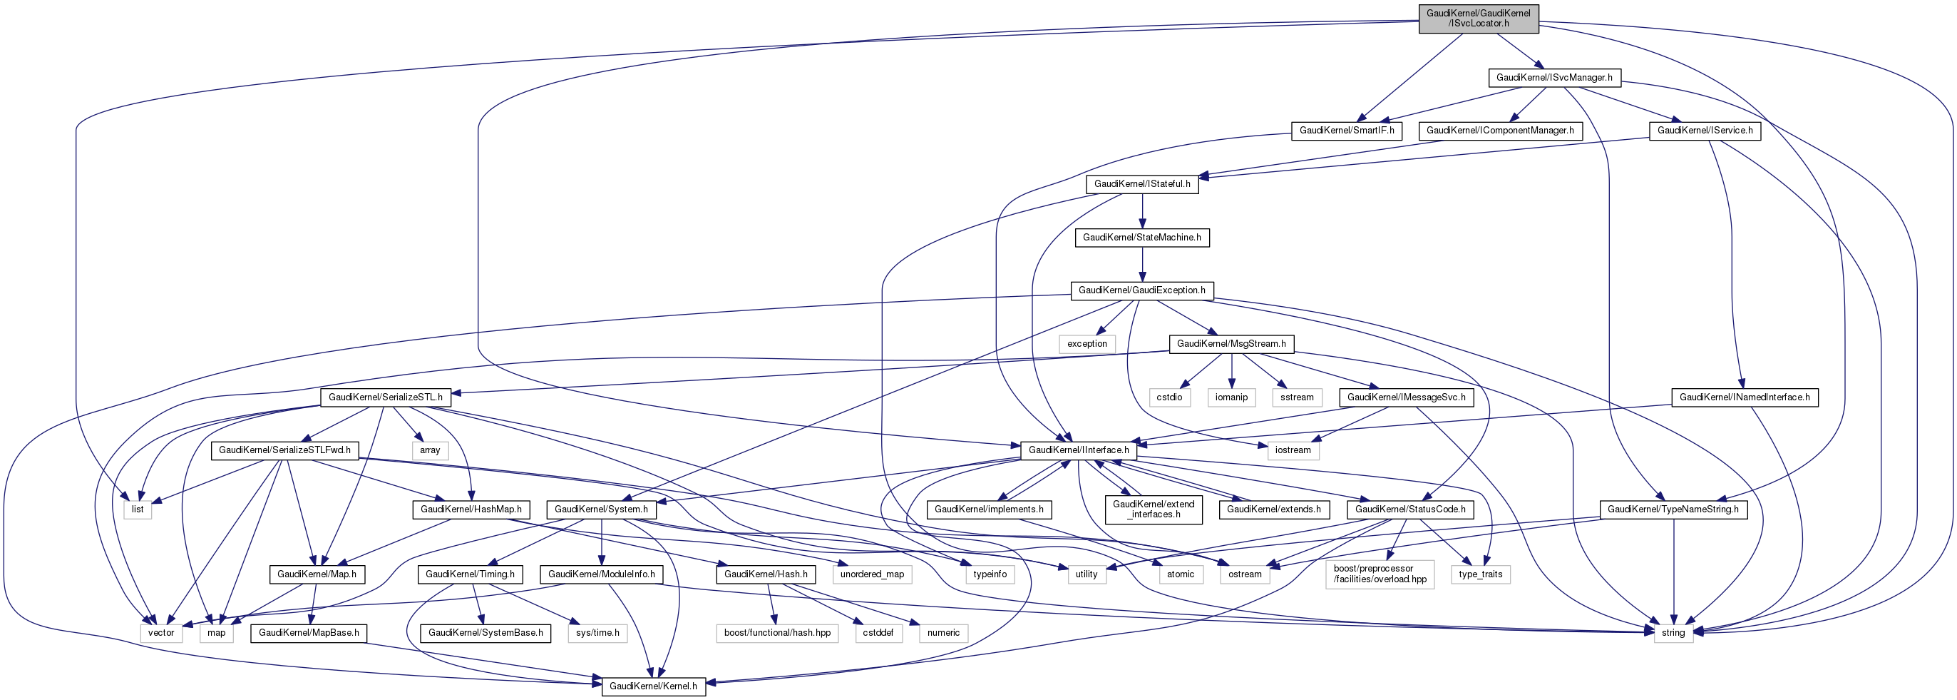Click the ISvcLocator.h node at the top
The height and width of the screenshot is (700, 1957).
(1478, 19)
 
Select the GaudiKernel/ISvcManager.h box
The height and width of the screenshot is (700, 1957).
(1553, 78)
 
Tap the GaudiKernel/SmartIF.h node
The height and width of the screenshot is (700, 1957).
(1346, 131)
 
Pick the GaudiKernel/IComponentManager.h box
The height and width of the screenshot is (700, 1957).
(1500, 131)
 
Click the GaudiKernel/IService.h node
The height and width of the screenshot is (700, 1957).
(1705, 131)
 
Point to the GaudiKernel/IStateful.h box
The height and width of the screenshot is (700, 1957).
(1142, 184)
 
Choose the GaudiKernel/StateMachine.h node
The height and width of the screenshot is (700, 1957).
(1142, 238)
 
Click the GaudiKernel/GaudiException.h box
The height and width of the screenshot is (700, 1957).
(1142, 290)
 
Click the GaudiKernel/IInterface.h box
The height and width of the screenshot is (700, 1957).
(1078, 450)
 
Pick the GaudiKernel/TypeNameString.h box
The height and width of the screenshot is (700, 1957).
(1673, 509)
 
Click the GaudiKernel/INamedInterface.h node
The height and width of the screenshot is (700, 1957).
(1745, 397)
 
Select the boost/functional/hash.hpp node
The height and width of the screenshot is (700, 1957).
(776, 633)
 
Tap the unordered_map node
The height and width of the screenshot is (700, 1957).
(871, 574)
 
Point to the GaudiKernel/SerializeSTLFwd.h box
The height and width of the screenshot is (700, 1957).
(284, 450)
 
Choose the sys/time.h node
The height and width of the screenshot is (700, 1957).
(597, 633)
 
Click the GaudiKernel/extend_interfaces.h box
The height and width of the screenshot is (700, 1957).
(1154, 509)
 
